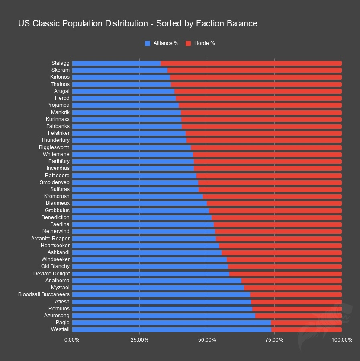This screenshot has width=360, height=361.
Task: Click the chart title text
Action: coord(138,23)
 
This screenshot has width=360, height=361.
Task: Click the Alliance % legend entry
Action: coord(162,43)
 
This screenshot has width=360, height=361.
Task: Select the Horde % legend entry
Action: coord(200,43)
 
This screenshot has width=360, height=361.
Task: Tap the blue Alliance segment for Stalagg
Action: coord(116,63)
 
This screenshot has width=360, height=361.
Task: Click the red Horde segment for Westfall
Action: coord(306,329)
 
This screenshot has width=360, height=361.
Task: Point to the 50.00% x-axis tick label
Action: coord(207,340)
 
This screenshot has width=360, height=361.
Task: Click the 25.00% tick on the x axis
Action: coord(139,340)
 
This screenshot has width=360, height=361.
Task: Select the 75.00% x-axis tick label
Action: coord(274,340)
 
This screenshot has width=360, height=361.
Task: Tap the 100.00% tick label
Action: coord(342,340)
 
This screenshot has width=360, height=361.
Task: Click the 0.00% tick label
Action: coord(72,340)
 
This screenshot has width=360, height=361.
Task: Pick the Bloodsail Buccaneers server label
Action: coord(44,294)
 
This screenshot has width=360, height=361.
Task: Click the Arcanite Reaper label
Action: coord(50,239)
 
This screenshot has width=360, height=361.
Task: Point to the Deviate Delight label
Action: coord(51,274)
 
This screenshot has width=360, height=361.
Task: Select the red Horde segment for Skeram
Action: coord(254,70)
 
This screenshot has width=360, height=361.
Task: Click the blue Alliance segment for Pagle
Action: coord(171,323)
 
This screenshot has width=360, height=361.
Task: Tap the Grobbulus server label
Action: coord(57,211)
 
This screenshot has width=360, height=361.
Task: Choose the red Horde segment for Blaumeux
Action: coord(274,203)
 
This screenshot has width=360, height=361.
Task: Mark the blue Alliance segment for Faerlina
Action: coord(143,224)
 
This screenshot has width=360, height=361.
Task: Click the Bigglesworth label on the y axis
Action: coord(54,147)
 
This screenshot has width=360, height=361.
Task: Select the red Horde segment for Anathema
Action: coord(292,281)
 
